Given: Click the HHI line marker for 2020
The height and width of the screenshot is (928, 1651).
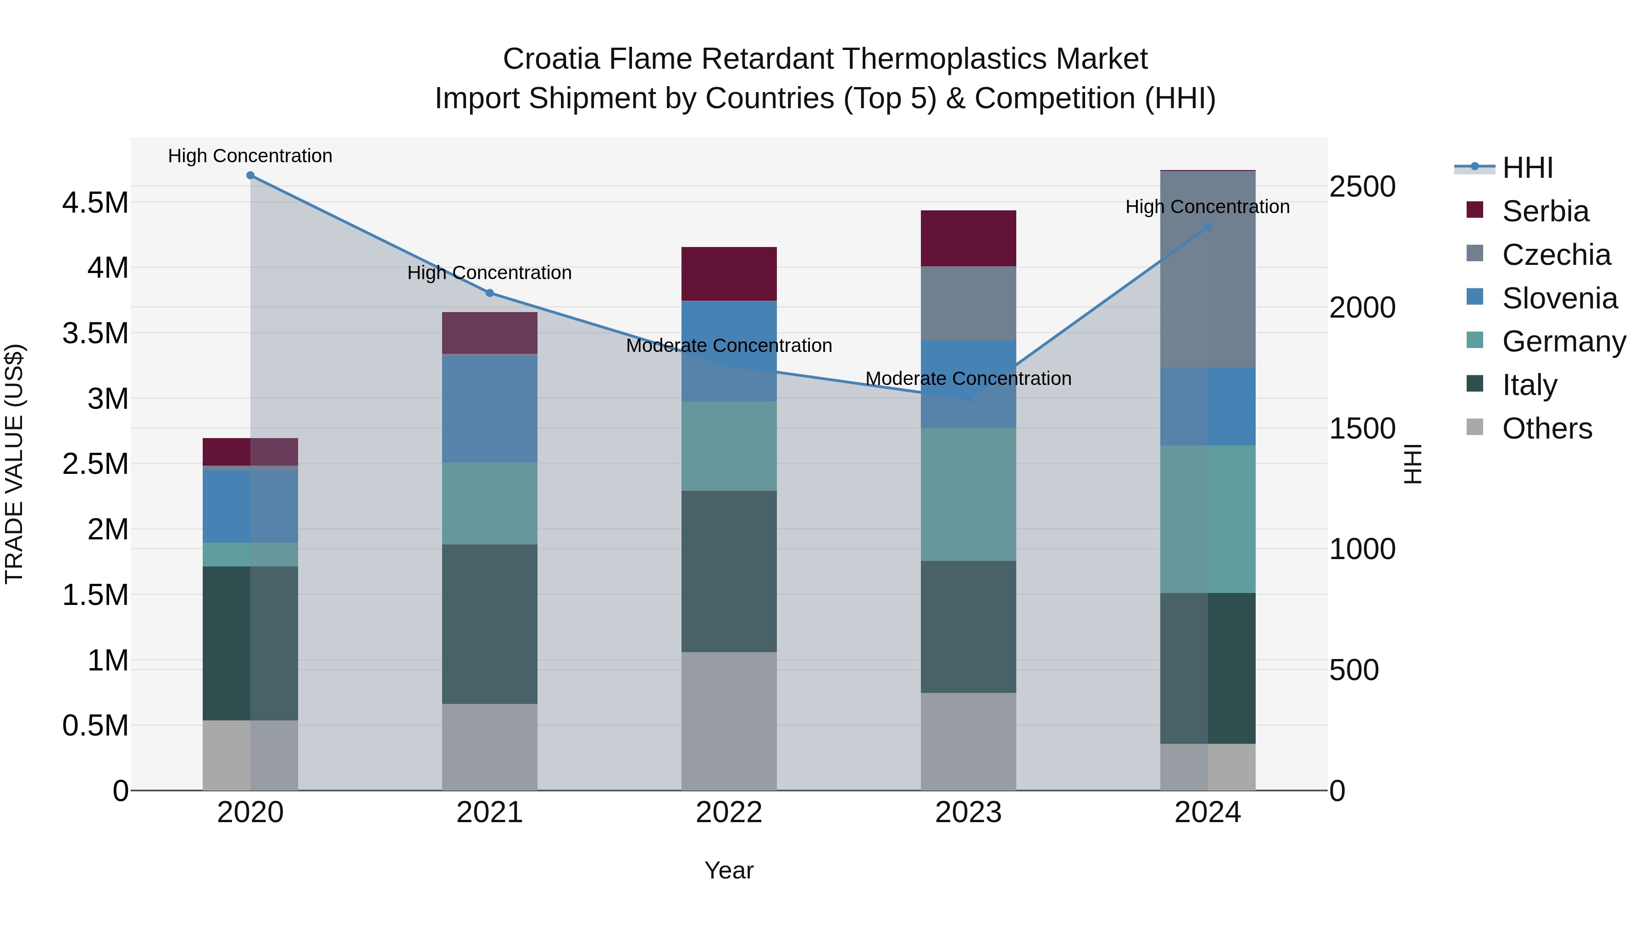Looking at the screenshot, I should coord(250,176).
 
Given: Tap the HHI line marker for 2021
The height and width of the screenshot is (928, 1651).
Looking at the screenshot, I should coord(490,293).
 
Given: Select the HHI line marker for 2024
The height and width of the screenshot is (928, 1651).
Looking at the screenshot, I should coord(1208,227).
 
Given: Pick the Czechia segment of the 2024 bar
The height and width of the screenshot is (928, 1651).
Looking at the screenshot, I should coord(1208,269).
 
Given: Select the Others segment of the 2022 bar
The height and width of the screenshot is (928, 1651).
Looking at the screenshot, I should coord(729,721).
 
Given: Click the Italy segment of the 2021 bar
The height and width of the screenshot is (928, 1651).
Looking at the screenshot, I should coord(490,625).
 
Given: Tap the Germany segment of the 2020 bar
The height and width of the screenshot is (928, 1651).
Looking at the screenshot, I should coord(250,555).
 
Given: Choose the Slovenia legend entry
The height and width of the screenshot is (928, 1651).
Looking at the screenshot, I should coord(1559,298).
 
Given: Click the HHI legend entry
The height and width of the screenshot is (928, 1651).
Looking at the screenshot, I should coord(1527,168).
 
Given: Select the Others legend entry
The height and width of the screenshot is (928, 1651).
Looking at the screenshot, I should coord(1546,428).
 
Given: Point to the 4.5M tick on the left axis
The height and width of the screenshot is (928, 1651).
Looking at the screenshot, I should coord(95,203).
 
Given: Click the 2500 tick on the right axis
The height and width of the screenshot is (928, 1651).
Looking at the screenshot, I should coord(1362,187).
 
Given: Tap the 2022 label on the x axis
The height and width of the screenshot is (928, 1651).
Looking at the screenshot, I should coord(729,813).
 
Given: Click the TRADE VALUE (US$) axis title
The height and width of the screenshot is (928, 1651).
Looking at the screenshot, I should coord(14,464).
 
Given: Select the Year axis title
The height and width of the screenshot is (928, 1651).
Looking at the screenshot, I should coord(729,870).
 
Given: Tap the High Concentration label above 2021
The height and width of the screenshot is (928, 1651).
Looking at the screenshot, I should coord(490,273).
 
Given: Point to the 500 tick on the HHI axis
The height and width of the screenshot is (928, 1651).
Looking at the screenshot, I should coord(1354,670).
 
